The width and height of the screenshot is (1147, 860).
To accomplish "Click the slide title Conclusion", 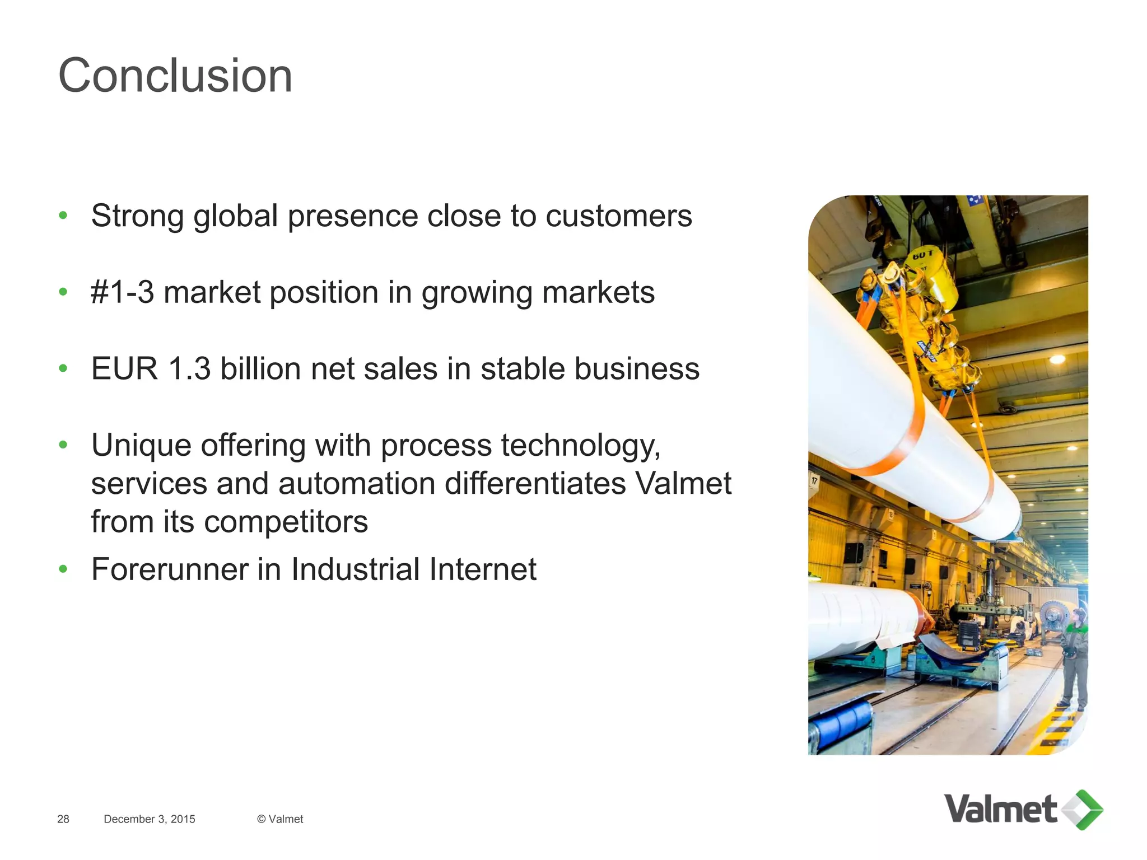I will pyautogui.click(x=175, y=76).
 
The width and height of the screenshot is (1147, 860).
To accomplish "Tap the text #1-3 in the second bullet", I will pyautogui.click(x=122, y=292).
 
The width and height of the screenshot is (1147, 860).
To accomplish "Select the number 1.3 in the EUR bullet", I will pyautogui.click(x=189, y=369).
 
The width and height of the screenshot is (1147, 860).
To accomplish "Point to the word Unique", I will pyautogui.click(x=141, y=446).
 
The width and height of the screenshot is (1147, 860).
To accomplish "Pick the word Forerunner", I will pyautogui.click(x=170, y=569).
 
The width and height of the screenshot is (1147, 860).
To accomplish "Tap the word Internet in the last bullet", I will pyautogui.click(x=483, y=569).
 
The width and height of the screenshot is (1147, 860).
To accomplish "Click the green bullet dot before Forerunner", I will pyautogui.click(x=63, y=570).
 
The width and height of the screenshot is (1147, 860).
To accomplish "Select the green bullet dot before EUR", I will pyautogui.click(x=63, y=368).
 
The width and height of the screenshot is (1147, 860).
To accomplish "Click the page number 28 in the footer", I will pyautogui.click(x=63, y=819).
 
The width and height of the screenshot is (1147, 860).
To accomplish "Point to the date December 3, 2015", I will pyautogui.click(x=150, y=819).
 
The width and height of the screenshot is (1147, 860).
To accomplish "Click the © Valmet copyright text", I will pyautogui.click(x=280, y=819).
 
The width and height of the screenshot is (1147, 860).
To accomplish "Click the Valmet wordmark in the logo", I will pyautogui.click(x=1000, y=809).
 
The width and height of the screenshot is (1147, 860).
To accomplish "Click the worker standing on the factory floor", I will pyautogui.click(x=1075, y=661).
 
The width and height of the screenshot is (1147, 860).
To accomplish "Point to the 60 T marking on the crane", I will pyautogui.click(x=923, y=255).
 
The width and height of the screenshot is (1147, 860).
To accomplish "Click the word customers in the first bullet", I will pyautogui.click(x=619, y=216).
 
